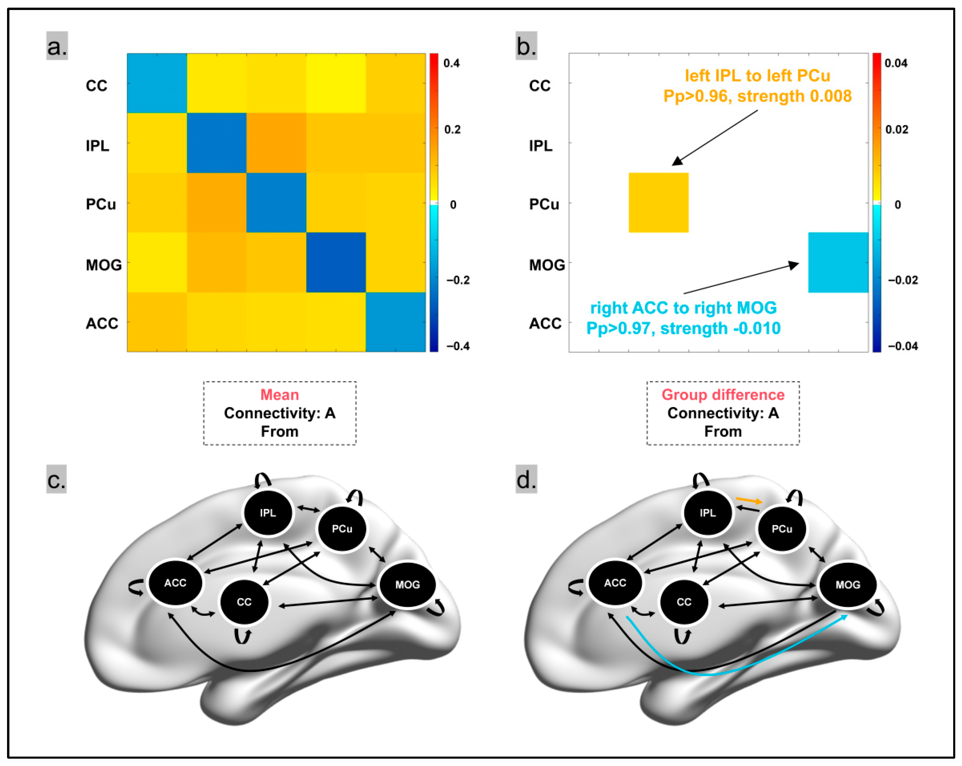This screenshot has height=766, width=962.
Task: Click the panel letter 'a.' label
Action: (x=57, y=46)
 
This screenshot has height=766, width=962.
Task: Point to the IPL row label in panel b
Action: (x=540, y=145)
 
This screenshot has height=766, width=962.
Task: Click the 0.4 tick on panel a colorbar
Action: (x=451, y=63)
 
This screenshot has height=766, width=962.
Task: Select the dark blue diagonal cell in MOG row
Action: (x=336, y=262)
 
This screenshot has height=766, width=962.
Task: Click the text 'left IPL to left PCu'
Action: (x=757, y=76)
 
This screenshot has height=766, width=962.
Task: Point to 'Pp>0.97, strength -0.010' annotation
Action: (x=683, y=328)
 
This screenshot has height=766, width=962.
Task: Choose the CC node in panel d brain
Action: (x=684, y=602)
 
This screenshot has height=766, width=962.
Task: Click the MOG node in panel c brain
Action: (x=407, y=584)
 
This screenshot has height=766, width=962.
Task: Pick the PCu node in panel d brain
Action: (x=782, y=529)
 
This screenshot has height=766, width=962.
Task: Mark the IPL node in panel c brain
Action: (x=268, y=513)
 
